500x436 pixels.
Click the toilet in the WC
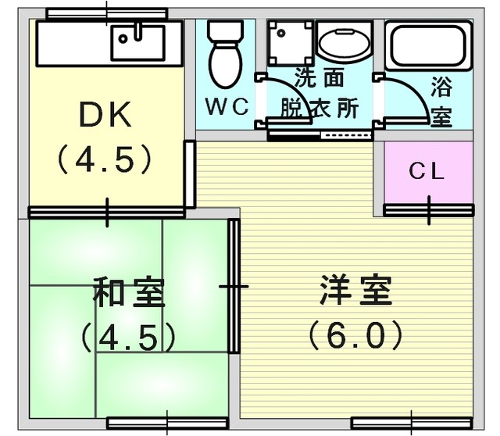226,54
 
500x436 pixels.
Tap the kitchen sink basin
137,43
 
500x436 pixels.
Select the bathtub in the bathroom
428,45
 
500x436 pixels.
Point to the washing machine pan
290,43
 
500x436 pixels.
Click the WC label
227,107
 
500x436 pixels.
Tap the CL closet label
427,171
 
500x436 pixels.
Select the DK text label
105,114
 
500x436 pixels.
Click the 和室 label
129,292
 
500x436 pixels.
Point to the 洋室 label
355,289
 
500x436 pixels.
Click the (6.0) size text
355,335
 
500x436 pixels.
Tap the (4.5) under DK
104,159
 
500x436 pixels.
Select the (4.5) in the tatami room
128,337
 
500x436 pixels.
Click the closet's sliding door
429,210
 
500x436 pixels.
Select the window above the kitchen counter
107,13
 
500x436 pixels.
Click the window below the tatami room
167,423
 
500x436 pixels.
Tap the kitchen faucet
138,31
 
